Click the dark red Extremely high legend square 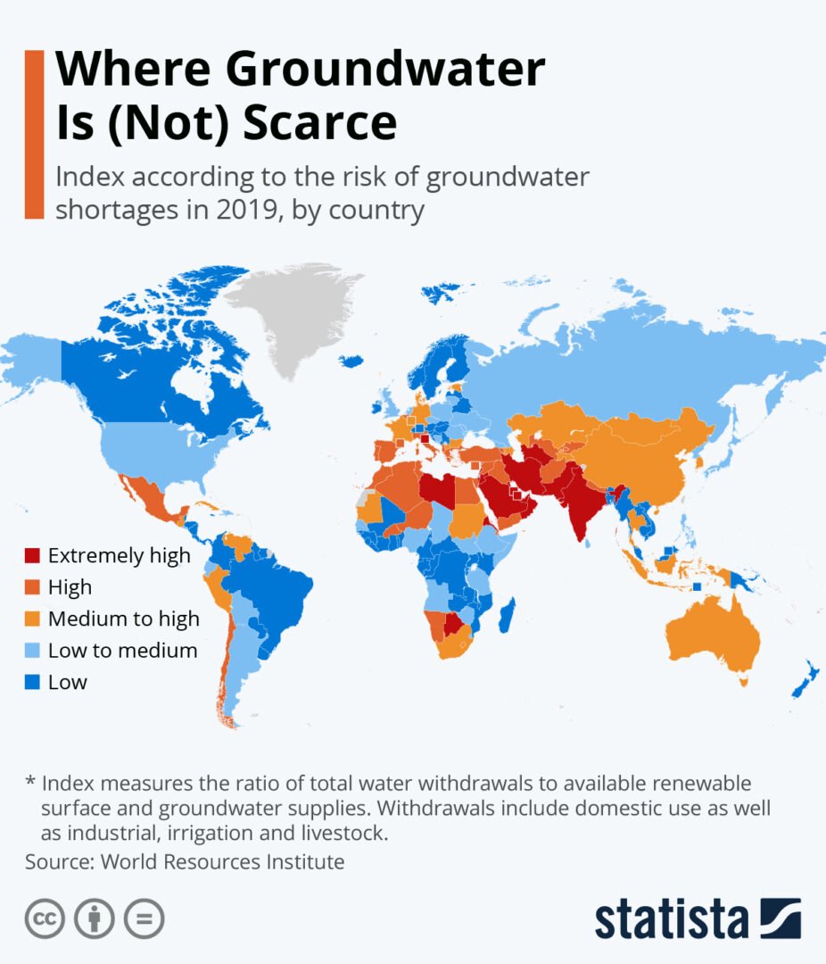(x=33, y=556)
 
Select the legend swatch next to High (x=33, y=587)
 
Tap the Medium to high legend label (x=124, y=619)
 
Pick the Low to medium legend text (x=122, y=651)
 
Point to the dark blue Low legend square (x=33, y=683)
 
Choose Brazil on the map (x=272, y=598)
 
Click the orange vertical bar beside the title (x=35, y=134)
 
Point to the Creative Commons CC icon (x=45, y=918)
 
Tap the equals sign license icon (x=144, y=918)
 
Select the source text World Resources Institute (x=222, y=862)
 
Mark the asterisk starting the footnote (x=30, y=783)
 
